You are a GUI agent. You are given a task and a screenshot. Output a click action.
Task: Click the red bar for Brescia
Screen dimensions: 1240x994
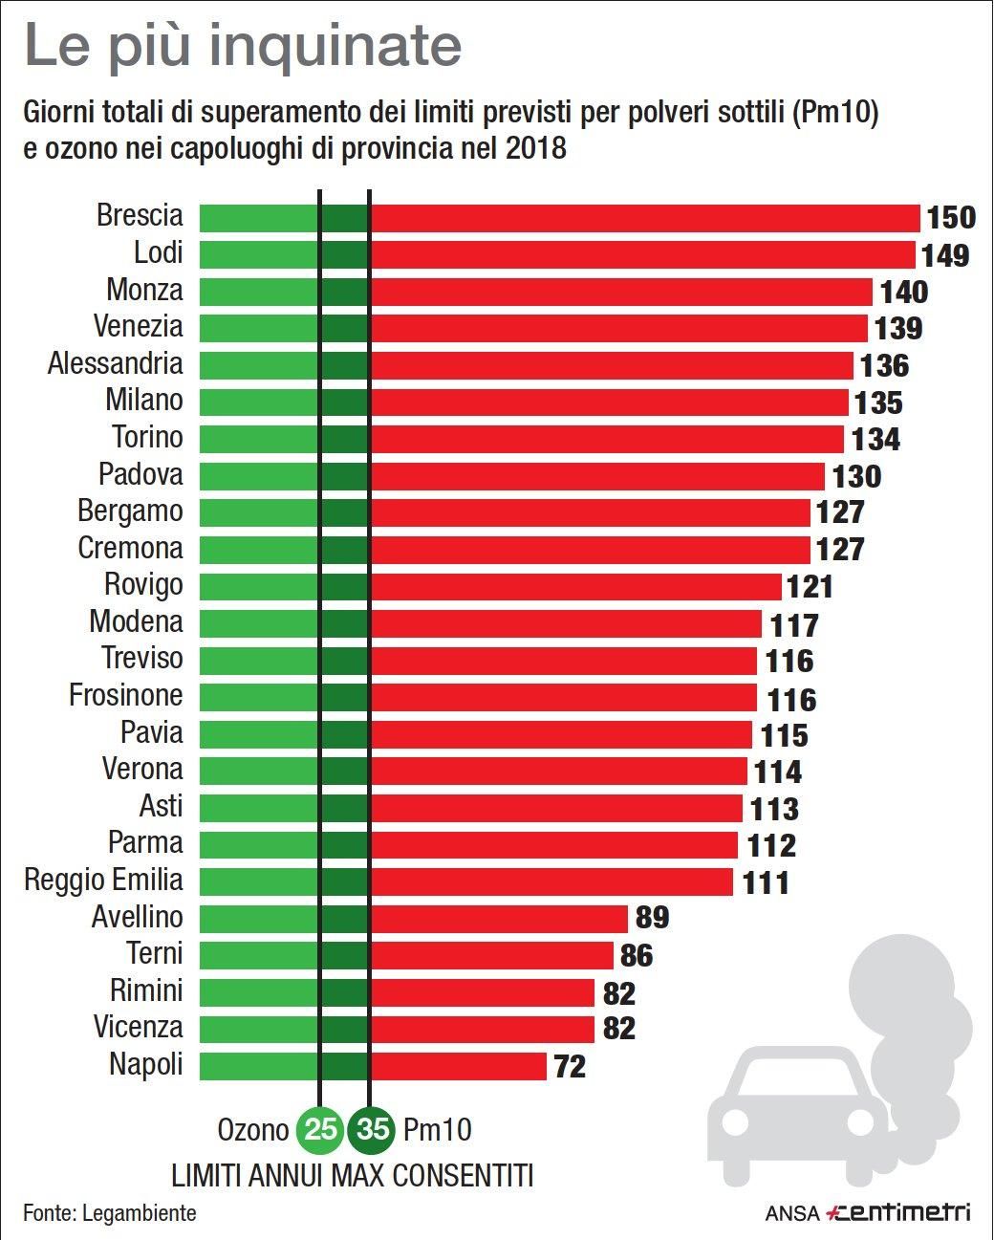tap(645, 217)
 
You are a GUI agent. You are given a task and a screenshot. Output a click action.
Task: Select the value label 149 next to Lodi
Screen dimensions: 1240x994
tap(945, 255)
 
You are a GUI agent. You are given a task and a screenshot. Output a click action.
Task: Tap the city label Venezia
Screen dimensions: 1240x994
tap(138, 326)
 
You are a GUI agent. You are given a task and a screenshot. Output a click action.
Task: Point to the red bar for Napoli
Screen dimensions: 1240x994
tap(459, 1065)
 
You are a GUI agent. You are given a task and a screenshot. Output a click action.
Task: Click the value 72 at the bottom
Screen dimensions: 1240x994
tap(570, 1066)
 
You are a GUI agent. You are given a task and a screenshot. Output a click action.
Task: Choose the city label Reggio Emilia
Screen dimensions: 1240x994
tap(103, 880)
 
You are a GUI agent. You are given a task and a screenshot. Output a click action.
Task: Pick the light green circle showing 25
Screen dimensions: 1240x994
tap(320, 1130)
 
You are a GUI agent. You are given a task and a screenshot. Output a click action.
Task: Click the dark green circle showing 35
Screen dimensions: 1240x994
tap(373, 1130)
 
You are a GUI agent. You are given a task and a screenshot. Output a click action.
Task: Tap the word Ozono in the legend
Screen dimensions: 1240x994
tap(252, 1130)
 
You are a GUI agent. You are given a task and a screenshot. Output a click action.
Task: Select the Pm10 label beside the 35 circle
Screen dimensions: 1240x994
tap(438, 1130)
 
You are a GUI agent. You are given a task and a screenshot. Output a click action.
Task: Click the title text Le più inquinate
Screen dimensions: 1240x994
tap(243, 46)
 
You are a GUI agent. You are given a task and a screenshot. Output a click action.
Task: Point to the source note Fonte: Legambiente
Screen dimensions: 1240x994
tap(110, 1213)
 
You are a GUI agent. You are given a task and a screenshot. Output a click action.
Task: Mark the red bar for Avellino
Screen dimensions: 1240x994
tap(499, 918)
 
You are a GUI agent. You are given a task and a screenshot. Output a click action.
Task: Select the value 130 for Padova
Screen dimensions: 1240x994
tap(855, 476)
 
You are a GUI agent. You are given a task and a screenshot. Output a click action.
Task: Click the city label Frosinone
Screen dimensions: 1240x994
tap(125, 695)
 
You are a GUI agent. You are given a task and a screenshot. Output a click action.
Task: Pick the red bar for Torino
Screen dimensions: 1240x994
tap(607, 439)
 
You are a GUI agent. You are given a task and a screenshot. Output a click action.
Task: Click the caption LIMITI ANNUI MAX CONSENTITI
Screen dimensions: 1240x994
tap(352, 1175)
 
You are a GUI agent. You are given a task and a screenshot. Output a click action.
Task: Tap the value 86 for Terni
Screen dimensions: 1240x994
tap(637, 955)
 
